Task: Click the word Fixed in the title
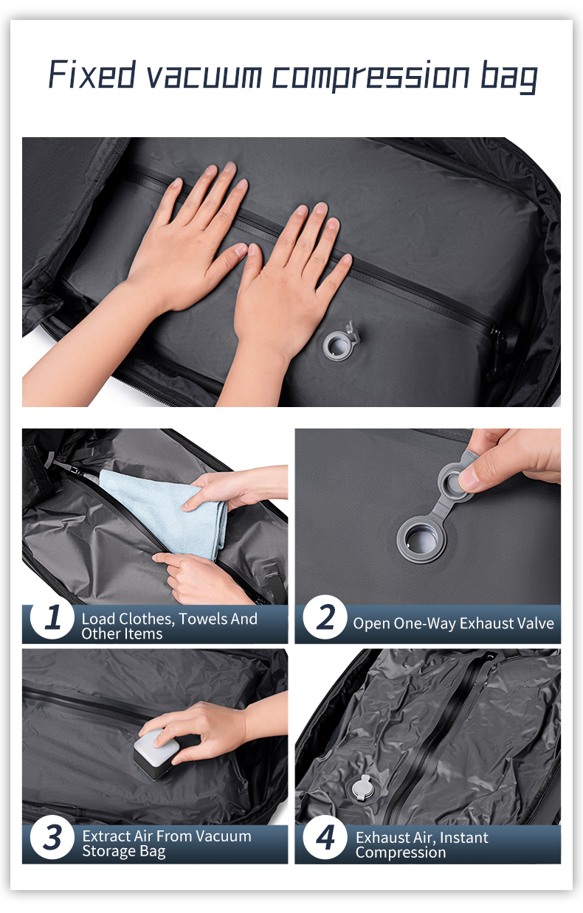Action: [x=92, y=74]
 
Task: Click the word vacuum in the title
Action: [x=204, y=77]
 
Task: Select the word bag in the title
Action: [x=508, y=77]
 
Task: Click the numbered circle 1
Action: [x=52, y=617]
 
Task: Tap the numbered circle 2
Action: [x=325, y=617]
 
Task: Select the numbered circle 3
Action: [x=52, y=837]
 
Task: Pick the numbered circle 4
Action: [x=325, y=837]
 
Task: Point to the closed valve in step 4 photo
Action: [x=362, y=787]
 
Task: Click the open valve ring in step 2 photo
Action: [x=421, y=541]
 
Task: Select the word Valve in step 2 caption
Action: [x=535, y=623]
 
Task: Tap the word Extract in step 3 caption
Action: [x=106, y=836]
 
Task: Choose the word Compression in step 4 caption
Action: [x=401, y=853]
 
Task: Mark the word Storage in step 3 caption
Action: [x=108, y=851]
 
